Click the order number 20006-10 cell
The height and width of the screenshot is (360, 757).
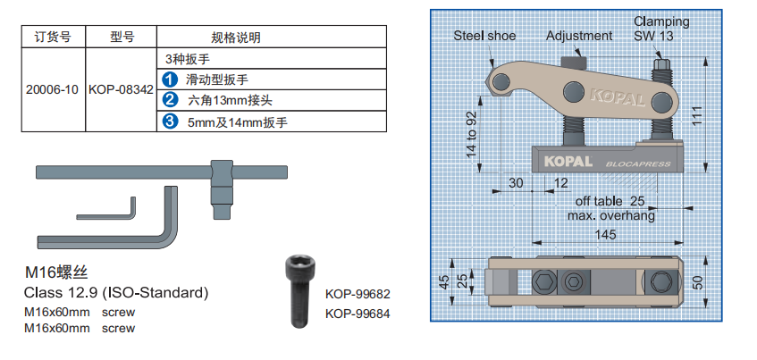pos(53,90)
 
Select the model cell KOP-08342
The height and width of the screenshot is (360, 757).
pos(121,90)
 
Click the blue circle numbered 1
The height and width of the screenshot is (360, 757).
pos(170,80)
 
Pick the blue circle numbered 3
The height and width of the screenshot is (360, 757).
pos(170,121)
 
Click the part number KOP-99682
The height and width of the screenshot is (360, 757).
pos(358,294)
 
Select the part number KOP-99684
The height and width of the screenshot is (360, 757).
pos(358,313)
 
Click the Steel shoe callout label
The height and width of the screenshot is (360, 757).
pos(484,36)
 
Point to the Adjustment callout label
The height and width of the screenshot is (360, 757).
pos(579,36)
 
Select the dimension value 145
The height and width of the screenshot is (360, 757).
pos(604,234)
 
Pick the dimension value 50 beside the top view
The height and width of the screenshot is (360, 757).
pos(700,282)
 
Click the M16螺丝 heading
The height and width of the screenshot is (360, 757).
pos(55,272)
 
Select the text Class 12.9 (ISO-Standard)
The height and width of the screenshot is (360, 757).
pos(115,293)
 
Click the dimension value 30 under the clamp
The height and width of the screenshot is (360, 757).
pos(516,182)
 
